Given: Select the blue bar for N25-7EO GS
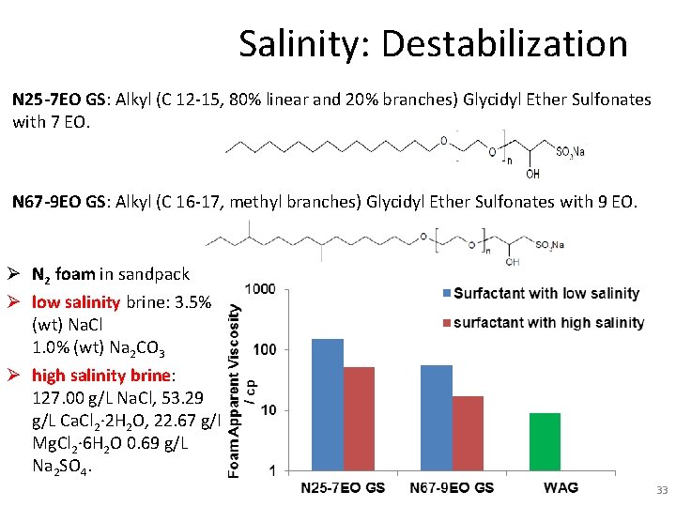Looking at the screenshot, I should (328, 405).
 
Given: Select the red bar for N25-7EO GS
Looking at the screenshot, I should (359, 419).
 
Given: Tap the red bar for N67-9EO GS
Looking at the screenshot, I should (468, 433).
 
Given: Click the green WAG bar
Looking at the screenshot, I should (545, 441).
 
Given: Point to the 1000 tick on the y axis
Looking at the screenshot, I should (260, 289).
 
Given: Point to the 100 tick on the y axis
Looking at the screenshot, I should (264, 349).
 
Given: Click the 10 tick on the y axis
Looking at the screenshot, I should (268, 410).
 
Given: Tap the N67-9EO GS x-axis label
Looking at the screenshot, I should (453, 487).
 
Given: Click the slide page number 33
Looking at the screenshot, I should (659, 489).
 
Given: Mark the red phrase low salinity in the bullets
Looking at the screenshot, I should (75, 302).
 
